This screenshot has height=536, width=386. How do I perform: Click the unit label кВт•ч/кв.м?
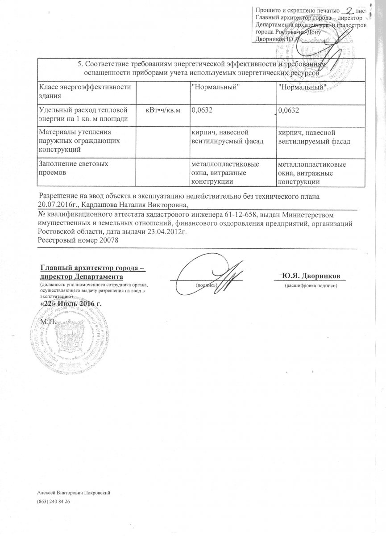(x=163, y=110)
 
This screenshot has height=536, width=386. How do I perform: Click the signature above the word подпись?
(x=214, y=273)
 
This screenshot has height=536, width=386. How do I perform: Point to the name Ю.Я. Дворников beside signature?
(x=309, y=275)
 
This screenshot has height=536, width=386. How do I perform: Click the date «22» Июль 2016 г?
(x=71, y=303)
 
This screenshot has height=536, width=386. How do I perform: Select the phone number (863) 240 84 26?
(x=54, y=502)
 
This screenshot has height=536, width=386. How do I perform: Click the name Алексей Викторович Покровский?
(x=74, y=492)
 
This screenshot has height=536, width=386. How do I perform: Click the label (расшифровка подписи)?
(x=309, y=285)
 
